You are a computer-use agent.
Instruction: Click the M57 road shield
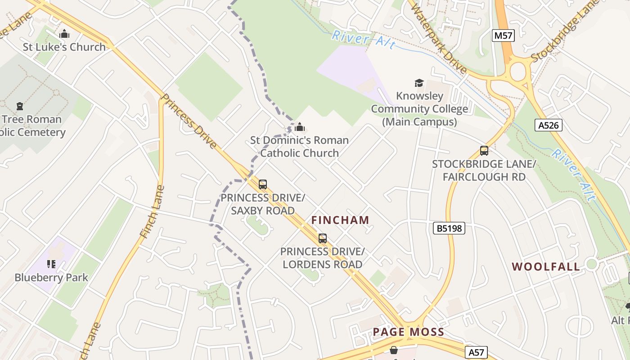coord(503,36)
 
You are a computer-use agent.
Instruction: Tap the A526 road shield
coord(549,125)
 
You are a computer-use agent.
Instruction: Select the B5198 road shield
coord(449,228)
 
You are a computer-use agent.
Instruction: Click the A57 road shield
coord(476,352)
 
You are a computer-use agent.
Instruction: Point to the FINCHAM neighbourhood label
coord(340,220)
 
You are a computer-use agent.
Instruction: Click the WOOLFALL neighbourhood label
coord(546,266)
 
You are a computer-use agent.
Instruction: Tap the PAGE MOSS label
coord(408,332)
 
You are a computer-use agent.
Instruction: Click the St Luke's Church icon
coord(64,34)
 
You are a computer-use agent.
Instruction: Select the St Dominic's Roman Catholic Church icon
coord(299,127)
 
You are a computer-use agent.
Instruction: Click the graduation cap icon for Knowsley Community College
coord(419,83)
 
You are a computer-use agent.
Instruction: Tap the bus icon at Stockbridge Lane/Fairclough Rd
coord(484,151)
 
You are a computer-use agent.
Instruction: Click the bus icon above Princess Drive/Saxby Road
coord(263,184)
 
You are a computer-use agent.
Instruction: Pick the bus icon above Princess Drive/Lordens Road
coord(322,238)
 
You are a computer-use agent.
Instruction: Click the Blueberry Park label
coord(51,277)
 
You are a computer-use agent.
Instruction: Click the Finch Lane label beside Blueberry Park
coord(149,211)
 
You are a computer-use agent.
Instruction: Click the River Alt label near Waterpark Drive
coord(364,40)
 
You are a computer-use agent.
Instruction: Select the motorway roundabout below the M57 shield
coord(518,71)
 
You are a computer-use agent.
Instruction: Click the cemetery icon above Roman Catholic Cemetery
coord(20,106)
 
